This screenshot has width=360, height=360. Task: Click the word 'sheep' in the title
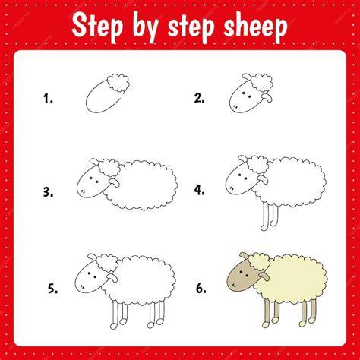pyautogui.click(x=255, y=27)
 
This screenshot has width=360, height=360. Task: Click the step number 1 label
pyautogui.click(x=48, y=99)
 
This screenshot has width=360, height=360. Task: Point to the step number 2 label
pyautogui.click(x=199, y=98)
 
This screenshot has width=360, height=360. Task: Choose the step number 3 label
pyautogui.click(x=48, y=192)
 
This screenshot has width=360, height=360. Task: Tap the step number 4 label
pyautogui.click(x=200, y=190)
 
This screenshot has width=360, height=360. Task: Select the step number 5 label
pyautogui.click(x=52, y=289)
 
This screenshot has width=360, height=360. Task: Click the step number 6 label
pyautogui.click(x=201, y=289)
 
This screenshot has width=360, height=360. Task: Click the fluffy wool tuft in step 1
pyautogui.click(x=118, y=83)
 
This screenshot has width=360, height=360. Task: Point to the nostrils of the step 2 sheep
pyautogui.click(x=235, y=106)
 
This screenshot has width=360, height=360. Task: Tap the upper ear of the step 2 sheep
pyautogui.click(x=247, y=77)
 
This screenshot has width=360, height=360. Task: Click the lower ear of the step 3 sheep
pyautogui.click(x=115, y=183)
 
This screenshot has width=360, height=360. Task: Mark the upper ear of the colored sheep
pyautogui.click(x=245, y=256)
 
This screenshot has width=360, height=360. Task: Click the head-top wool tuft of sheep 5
pyautogui.click(x=108, y=264)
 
